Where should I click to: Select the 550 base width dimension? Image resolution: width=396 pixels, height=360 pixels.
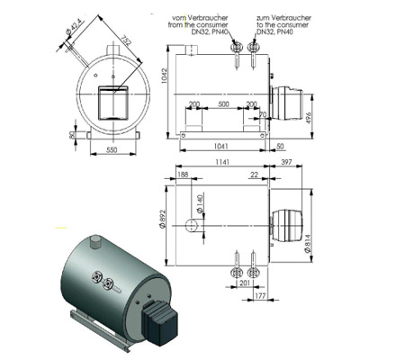tap(113, 147)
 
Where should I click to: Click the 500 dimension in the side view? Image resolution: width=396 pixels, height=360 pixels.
tap(222, 103)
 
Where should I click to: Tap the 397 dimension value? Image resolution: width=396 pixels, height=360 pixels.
tap(287, 163)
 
